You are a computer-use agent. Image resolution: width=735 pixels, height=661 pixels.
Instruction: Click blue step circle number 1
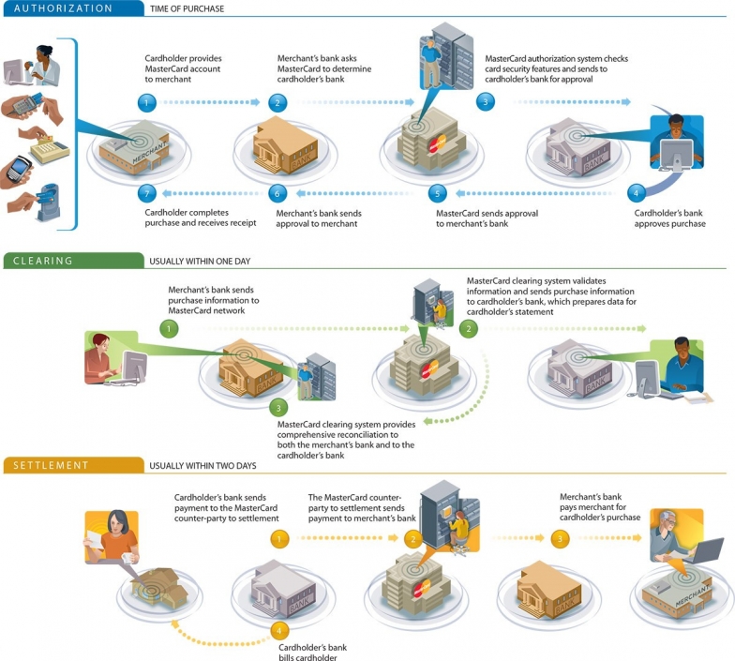point(146,103)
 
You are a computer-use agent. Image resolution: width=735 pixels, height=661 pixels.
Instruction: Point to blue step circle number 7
point(146,193)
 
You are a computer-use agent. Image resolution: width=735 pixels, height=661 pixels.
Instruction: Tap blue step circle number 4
point(636,193)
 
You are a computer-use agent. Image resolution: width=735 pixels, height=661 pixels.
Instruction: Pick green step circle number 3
point(278,408)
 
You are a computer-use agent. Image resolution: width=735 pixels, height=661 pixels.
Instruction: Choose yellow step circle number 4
point(279,631)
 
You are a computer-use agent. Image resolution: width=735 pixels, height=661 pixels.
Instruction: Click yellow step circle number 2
point(412,539)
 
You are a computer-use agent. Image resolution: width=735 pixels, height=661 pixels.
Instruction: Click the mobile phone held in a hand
point(19,168)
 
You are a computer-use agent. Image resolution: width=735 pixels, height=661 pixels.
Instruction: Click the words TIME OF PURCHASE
point(187,9)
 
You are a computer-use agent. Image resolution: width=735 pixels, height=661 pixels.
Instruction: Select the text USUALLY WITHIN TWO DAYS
point(202,465)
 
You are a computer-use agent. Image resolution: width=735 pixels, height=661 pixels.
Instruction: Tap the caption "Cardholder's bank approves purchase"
point(669,218)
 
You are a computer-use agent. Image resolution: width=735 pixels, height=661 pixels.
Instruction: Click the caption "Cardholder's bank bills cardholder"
point(313,653)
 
